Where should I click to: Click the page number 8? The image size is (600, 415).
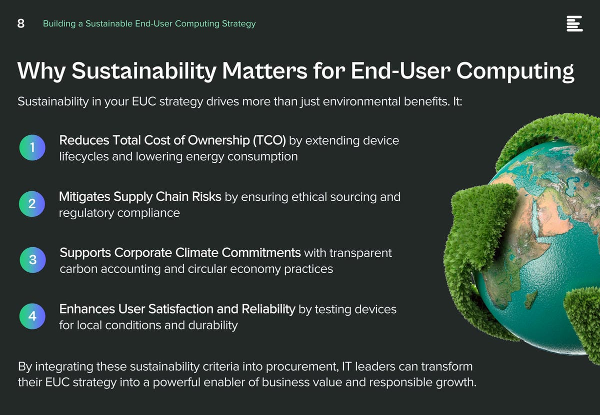[21, 23]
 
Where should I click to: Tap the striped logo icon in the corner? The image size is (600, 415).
[574, 23]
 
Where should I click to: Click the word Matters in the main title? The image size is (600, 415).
[264, 70]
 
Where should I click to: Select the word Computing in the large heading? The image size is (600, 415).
[515, 72]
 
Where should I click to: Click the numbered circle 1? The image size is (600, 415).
[32, 147]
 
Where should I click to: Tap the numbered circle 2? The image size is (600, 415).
[32, 204]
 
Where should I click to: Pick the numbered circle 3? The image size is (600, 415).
[32, 260]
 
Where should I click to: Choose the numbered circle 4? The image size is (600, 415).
[32, 316]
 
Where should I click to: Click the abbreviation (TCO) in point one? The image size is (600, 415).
[269, 140]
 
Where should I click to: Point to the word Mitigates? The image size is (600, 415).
[84, 197]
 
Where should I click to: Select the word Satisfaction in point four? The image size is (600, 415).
[181, 309]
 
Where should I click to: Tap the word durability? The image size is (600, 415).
[213, 326]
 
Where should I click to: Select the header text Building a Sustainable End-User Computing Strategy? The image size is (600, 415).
[149, 24]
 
